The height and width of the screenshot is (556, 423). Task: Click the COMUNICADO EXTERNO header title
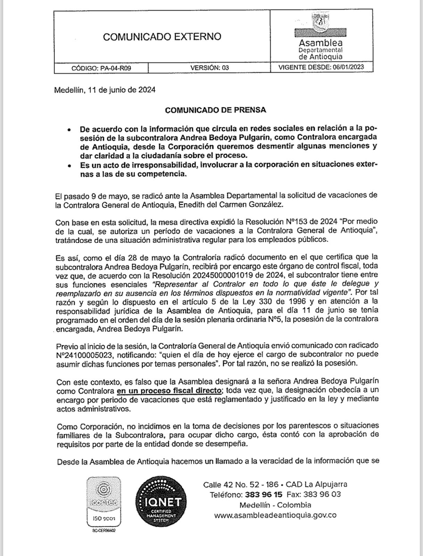point(162,37)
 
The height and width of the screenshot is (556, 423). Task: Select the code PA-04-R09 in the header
point(116,68)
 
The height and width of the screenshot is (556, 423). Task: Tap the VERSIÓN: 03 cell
point(209,68)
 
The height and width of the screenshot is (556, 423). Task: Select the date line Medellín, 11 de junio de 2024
point(105,90)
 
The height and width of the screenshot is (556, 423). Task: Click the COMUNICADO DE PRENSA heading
point(215,110)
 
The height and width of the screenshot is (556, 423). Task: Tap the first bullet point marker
point(69,130)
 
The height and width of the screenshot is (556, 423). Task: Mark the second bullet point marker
point(69,166)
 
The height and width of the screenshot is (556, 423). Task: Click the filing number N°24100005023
point(86,355)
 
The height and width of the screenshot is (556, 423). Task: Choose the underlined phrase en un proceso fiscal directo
point(169,391)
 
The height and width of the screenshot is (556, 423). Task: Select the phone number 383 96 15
point(264,494)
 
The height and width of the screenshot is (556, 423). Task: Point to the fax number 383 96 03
point(322,494)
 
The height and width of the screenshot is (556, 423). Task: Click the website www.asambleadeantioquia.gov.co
point(275,515)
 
